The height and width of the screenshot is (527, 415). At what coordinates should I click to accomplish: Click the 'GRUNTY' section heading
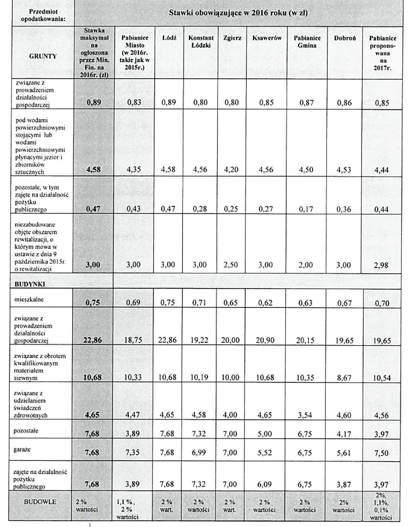point(42,56)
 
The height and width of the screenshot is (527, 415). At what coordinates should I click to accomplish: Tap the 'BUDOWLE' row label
point(42,502)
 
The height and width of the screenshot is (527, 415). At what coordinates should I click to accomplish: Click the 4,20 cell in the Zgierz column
point(231,169)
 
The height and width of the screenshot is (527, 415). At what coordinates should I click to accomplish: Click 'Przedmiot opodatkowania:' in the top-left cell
point(43,15)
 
